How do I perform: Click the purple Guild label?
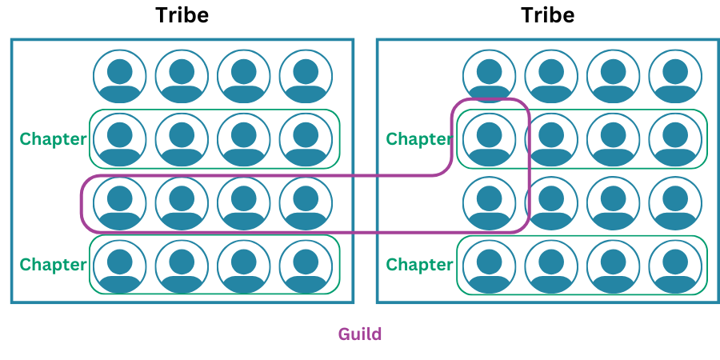click(x=360, y=334)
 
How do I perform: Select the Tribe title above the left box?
click(x=182, y=15)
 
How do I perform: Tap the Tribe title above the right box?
click(x=548, y=15)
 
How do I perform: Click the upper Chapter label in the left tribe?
click(x=53, y=139)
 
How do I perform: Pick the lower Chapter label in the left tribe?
click(x=53, y=265)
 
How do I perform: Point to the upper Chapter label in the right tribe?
click(x=419, y=139)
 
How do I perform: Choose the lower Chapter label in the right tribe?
click(x=419, y=265)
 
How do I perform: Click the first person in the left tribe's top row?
click(x=120, y=77)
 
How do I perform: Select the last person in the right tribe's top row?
click(x=675, y=77)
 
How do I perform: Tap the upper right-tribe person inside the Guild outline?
click(x=490, y=139)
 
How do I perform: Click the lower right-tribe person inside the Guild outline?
click(x=490, y=202)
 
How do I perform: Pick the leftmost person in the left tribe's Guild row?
click(x=120, y=202)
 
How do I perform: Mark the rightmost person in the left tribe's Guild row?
click(x=306, y=202)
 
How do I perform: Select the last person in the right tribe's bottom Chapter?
click(x=675, y=265)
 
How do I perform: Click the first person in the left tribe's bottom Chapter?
click(x=120, y=265)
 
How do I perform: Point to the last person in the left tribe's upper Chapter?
click(x=306, y=139)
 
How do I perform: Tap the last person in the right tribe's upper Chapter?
click(x=675, y=139)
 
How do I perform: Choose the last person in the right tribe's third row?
click(x=675, y=202)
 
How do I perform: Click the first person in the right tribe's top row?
click(x=490, y=77)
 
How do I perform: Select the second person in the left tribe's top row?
click(x=182, y=77)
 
